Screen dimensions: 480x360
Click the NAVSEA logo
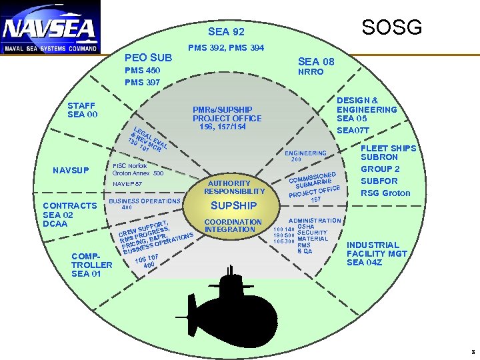[x=50, y=27]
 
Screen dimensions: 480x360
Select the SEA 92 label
[x=226, y=31]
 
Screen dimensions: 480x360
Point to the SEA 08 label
[x=316, y=61]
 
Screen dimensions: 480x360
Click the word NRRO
[x=311, y=71]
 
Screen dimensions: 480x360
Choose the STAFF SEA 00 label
[x=83, y=110]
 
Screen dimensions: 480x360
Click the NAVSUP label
[x=71, y=171]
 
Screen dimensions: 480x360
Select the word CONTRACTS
[x=69, y=206]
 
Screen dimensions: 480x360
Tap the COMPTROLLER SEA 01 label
[x=92, y=264]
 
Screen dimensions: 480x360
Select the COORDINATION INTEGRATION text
[x=233, y=225]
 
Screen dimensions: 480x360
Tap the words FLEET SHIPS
[x=388, y=148]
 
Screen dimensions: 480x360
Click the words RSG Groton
[x=385, y=193]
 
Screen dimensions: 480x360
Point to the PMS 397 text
[x=143, y=82]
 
